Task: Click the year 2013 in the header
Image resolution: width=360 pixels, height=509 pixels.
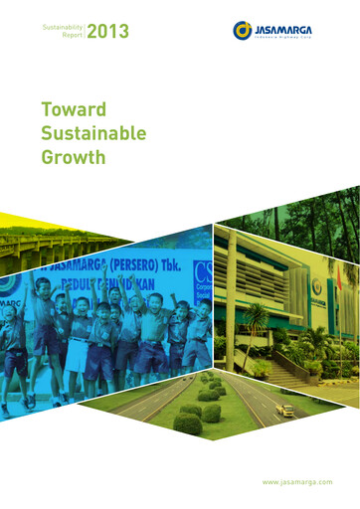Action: [x=107, y=34]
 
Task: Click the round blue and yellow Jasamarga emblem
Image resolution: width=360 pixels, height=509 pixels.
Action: [x=242, y=31]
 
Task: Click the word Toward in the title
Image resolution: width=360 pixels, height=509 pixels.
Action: [x=74, y=108]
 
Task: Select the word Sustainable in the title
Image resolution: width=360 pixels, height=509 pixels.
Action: [x=93, y=132]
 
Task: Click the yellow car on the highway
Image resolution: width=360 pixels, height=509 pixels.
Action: [x=285, y=410]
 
